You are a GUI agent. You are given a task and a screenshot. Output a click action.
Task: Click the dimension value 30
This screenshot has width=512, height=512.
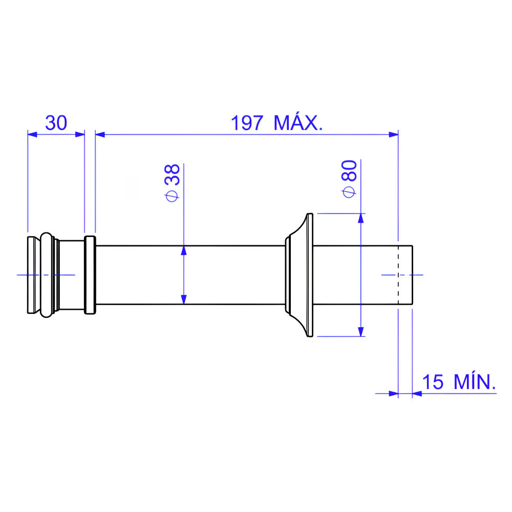pos(56,123)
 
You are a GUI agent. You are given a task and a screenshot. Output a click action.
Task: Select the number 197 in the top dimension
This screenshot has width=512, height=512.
pos(247,123)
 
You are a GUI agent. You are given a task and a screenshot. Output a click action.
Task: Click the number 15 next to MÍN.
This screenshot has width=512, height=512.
pos(433,382)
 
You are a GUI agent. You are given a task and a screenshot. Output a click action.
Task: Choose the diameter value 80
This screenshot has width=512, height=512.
pos(349,170)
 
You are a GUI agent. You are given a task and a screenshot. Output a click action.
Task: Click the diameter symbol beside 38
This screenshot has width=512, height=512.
pos(172,196)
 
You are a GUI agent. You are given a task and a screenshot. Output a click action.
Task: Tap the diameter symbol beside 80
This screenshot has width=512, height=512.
pos(349,192)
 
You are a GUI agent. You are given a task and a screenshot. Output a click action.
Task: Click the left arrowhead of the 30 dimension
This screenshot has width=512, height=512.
pos(32,134)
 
